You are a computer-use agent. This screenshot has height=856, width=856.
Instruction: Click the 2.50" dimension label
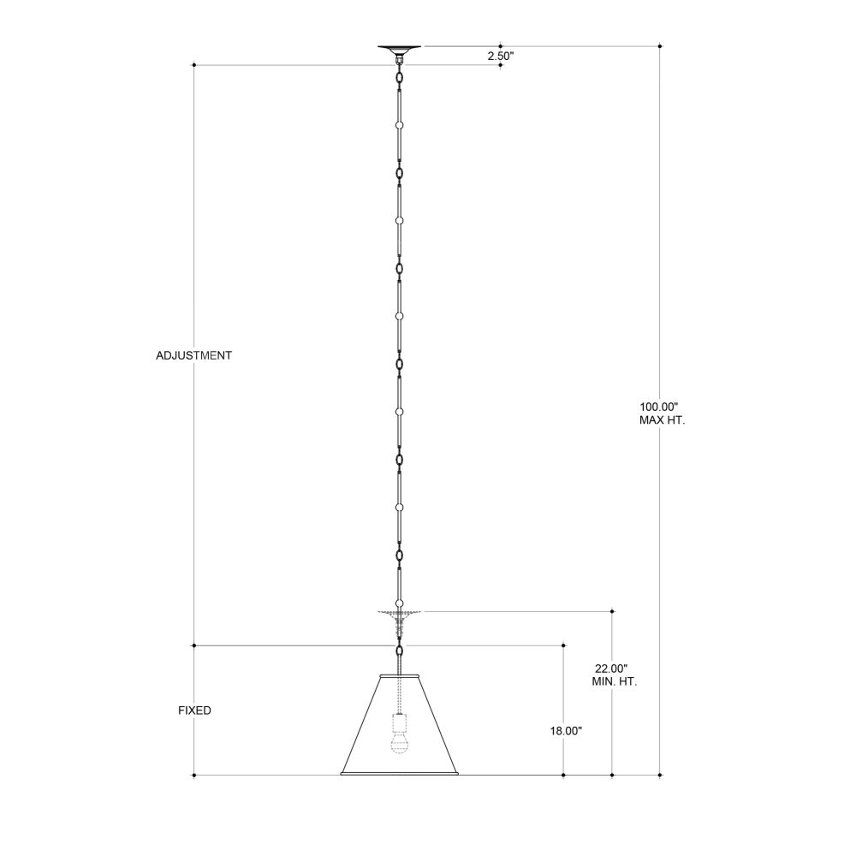tap(501, 56)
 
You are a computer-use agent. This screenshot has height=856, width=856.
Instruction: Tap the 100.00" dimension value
tap(658, 407)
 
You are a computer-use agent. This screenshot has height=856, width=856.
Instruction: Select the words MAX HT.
tap(662, 420)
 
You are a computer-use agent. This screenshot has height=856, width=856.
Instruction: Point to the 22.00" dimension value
tap(611, 668)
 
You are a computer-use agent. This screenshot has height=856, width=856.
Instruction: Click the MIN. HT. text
tap(614, 681)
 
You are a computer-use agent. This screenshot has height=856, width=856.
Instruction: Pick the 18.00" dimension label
tap(566, 730)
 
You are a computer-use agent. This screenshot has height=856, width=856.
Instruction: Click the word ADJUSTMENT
tap(193, 355)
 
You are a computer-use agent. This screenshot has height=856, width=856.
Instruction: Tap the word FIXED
tap(194, 710)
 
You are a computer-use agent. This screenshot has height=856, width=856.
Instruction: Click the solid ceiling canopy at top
tap(399, 50)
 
